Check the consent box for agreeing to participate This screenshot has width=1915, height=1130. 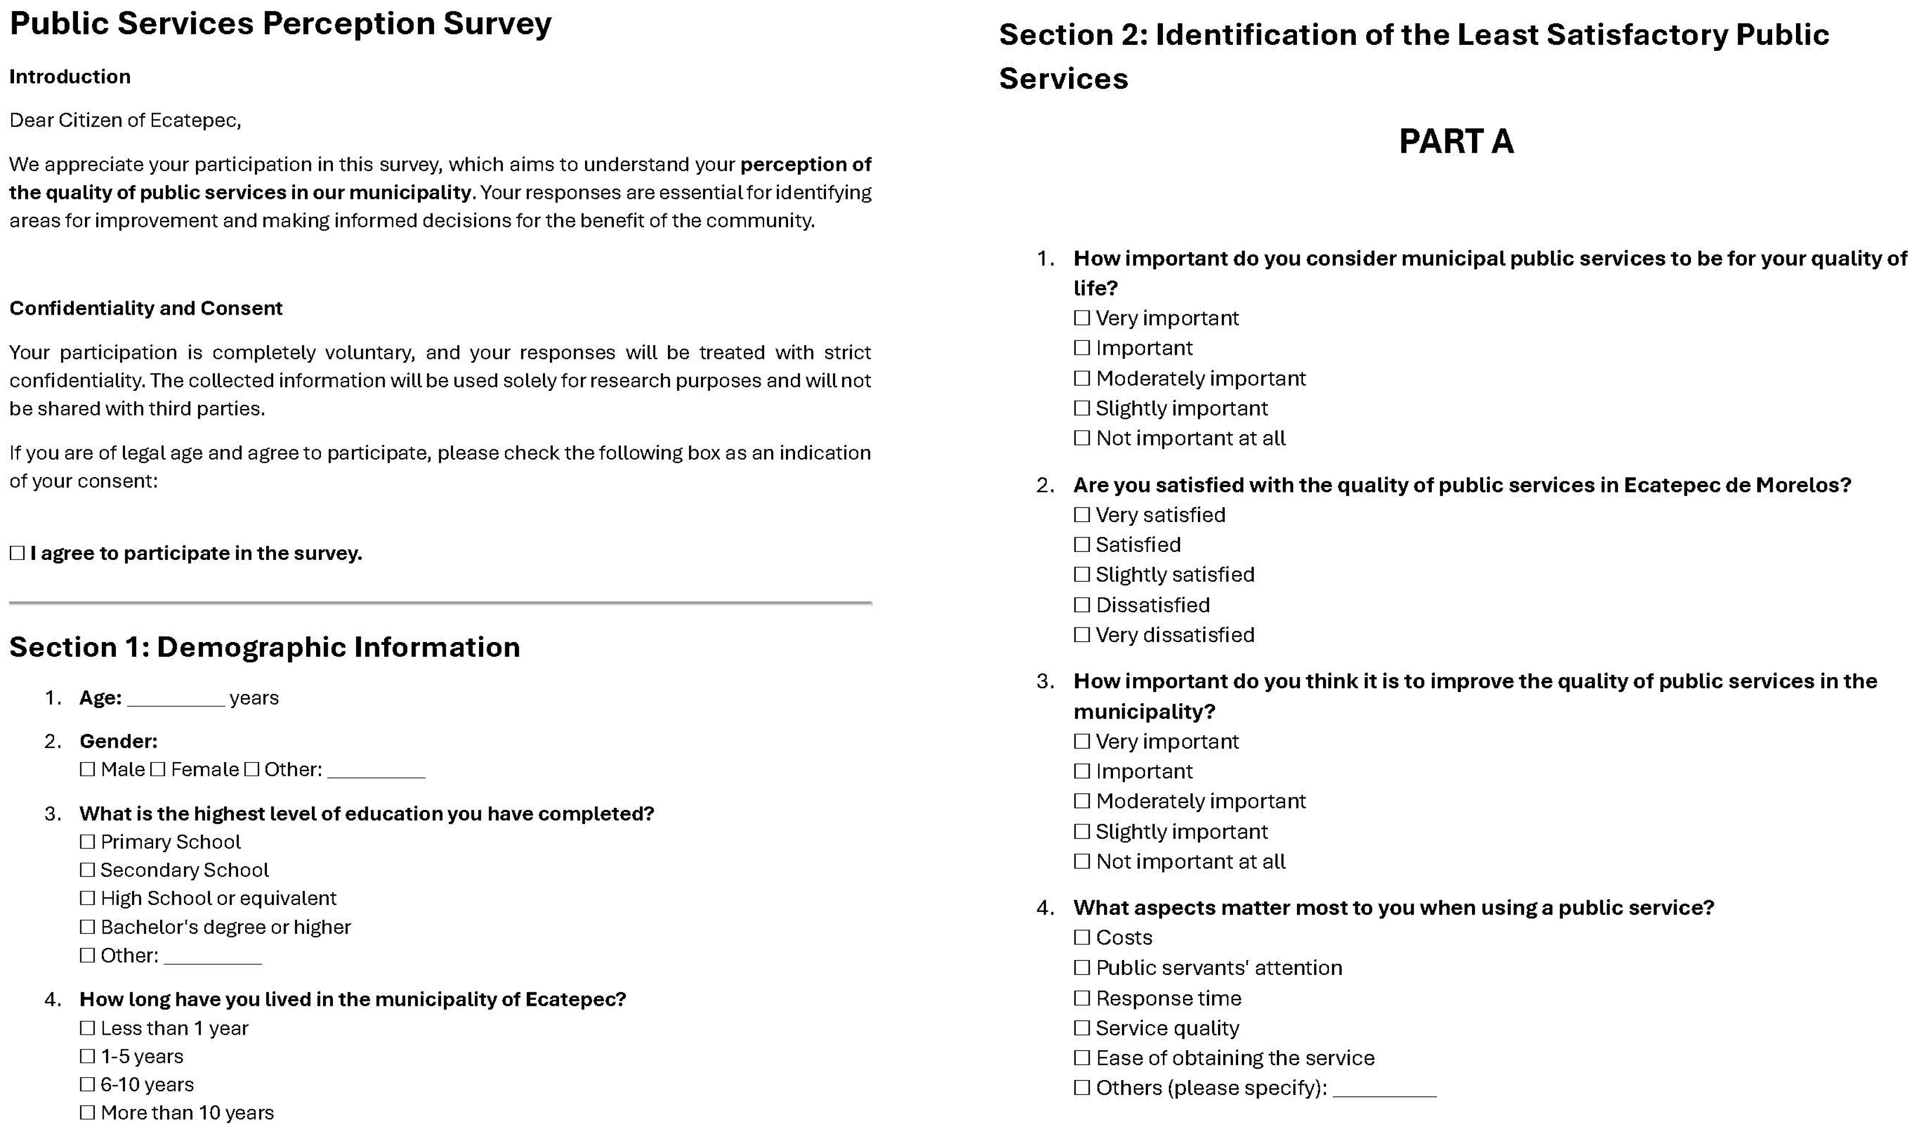[17, 553]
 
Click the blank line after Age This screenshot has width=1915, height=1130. [176, 699]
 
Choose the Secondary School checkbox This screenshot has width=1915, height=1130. [87, 869]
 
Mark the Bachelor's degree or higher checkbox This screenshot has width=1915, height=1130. [87, 927]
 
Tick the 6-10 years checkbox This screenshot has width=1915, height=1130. [87, 1084]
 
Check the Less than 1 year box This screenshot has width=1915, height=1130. [87, 1028]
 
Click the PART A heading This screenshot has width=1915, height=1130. [1455, 141]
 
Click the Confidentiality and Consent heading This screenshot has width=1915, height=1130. [145, 308]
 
